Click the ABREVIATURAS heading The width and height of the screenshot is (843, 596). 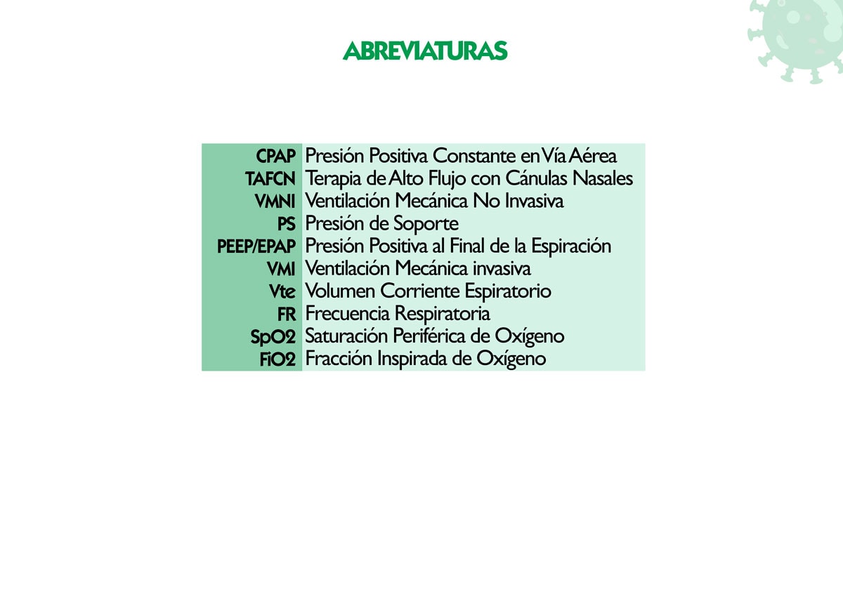coord(425,51)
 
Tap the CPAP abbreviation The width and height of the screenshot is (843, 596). coord(275,156)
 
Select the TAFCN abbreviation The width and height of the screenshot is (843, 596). coord(270,178)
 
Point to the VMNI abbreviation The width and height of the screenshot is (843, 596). coord(275,201)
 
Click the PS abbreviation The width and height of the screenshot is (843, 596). coord(287,224)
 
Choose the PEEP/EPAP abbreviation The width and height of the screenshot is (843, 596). coord(256,246)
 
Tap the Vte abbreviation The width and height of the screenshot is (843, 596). coord(282,292)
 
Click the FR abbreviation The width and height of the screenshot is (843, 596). coord(287,314)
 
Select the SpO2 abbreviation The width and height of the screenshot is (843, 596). coord(273,337)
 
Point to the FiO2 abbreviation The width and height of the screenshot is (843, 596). coord(277,359)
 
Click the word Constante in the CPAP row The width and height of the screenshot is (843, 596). coord(474,156)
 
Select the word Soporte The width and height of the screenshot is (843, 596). coord(426,224)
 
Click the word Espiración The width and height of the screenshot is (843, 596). coord(571,246)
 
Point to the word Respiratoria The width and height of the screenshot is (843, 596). coord(442,314)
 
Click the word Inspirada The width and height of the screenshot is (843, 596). coord(412,359)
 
